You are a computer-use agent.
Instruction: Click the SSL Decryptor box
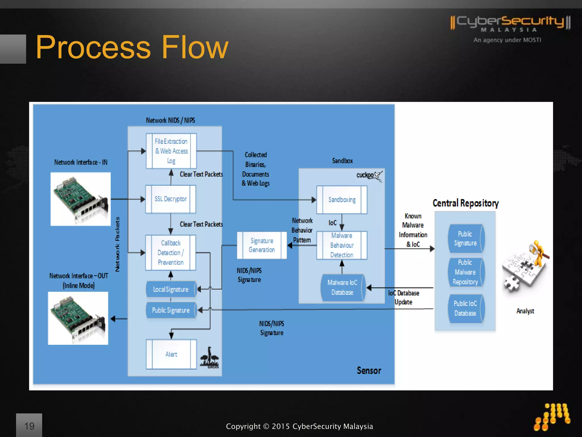171,199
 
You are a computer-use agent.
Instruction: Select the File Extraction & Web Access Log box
171,151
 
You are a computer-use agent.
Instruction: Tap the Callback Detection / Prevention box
171,253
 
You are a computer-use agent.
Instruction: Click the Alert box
171,354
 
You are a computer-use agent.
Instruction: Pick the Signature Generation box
262,245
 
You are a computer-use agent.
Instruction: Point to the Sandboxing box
342,200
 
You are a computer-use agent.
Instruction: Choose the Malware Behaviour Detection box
342,245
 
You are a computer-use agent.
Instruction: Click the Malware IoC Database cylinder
342,288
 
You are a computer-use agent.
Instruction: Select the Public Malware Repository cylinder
465,272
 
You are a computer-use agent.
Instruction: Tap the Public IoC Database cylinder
465,308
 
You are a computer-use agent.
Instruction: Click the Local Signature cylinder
171,289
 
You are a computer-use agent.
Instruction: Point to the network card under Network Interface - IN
80,199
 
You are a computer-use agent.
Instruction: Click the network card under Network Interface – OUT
78,318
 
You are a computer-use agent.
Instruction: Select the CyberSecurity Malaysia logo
510,27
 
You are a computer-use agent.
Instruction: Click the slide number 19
29,426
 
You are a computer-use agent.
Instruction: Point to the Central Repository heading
465,203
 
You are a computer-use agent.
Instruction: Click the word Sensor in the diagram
369,370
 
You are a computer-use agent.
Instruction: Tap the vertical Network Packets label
118,244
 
